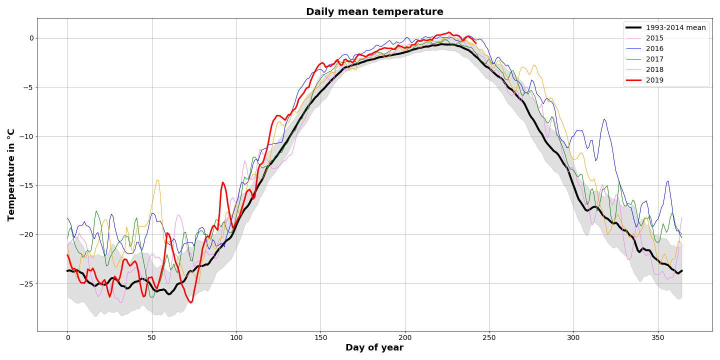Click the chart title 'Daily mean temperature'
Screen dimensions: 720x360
point(374,11)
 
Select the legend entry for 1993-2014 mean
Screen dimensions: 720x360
point(665,27)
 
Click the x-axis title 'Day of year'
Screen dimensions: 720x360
point(374,347)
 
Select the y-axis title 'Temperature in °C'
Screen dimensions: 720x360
point(11,175)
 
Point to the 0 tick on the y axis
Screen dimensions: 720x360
point(31,38)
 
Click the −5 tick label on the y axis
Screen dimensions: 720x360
point(28,87)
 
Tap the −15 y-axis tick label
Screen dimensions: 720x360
point(26,186)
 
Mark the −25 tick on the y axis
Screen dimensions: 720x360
point(26,284)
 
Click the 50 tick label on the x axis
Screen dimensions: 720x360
point(152,338)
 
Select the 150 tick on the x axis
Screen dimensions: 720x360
point(321,338)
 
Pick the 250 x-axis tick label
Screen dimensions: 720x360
point(489,338)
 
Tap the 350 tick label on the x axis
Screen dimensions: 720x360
point(658,338)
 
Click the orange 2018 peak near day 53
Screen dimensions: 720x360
point(157,180)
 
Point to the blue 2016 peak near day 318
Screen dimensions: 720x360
point(604,119)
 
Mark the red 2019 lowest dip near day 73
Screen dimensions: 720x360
point(191,302)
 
